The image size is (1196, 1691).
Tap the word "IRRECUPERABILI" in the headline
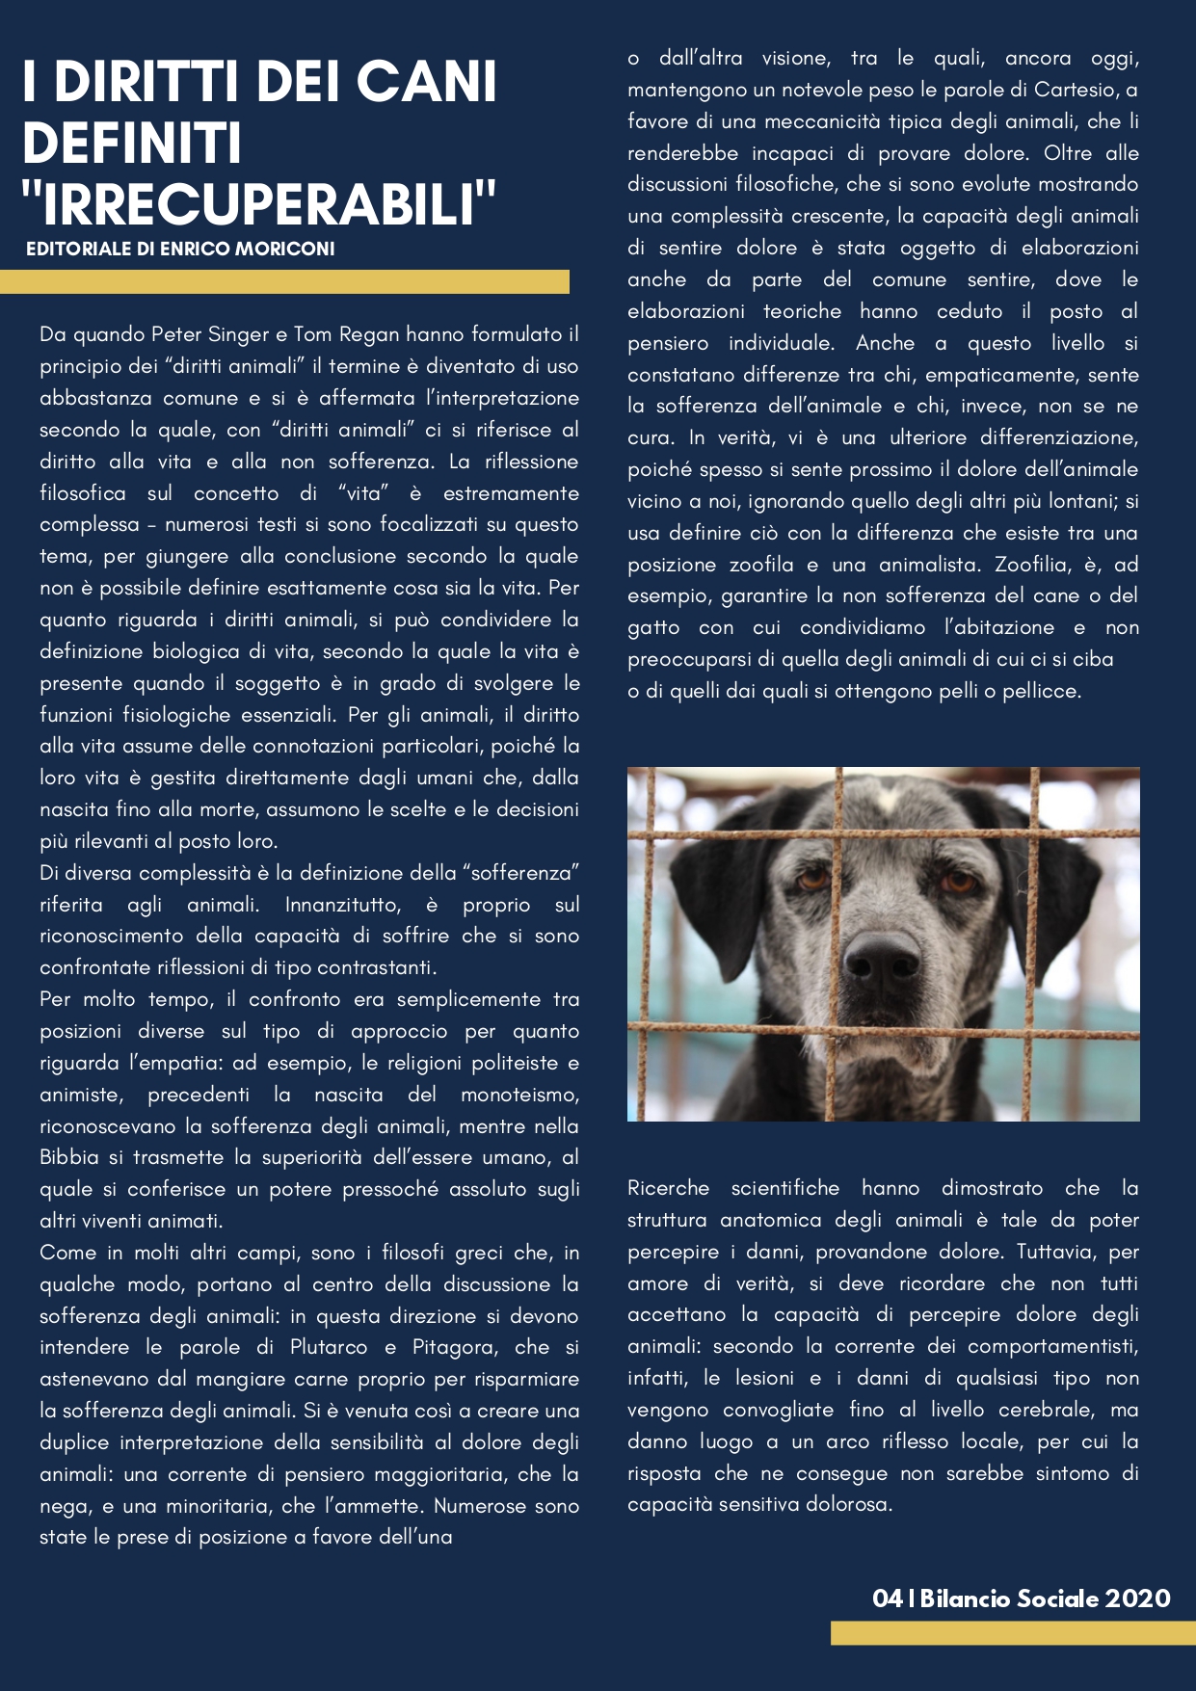click(x=258, y=203)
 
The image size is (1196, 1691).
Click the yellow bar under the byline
click(x=284, y=281)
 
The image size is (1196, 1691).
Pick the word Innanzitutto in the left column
click(x=342, y=905)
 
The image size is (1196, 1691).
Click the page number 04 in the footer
click(x=887, y=1599)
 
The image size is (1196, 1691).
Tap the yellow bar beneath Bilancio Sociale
click(x=1012, y=1632)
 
